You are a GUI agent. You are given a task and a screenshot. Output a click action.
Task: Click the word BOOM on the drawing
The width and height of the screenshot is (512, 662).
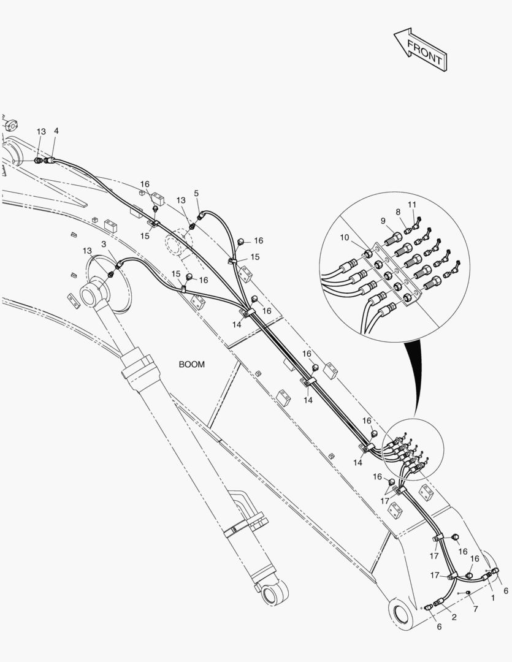pos(192,364)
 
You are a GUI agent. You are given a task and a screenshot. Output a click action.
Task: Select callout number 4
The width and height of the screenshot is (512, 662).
pos(56,131)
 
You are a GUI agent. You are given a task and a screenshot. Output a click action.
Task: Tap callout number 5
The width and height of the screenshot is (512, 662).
pos(196,194)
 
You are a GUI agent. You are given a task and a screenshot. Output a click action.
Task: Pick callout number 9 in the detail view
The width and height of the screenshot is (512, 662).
pos(383,221)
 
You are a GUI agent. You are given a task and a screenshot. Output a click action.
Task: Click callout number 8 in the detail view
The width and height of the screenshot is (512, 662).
pos(397,212)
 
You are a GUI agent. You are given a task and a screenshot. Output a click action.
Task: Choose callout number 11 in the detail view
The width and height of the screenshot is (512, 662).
pos(411,204)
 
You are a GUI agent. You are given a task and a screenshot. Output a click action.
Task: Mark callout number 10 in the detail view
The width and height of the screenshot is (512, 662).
pos(344,237)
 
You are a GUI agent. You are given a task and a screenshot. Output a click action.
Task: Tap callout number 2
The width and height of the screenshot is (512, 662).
pos(454,617)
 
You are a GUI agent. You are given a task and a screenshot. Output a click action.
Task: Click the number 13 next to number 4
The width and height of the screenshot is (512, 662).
pos(41,132)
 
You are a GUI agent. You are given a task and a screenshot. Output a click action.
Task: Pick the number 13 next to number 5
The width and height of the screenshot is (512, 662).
pos(181,200)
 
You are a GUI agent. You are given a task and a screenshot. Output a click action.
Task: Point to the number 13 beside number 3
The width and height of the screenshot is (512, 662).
pos(88,251)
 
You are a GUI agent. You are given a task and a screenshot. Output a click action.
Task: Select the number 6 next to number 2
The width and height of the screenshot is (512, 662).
pos(438,626)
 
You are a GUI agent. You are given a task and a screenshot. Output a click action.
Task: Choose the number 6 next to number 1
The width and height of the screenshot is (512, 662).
pos(505,590)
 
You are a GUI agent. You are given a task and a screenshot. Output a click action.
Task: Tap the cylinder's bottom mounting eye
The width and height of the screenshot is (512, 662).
pos(273,593)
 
